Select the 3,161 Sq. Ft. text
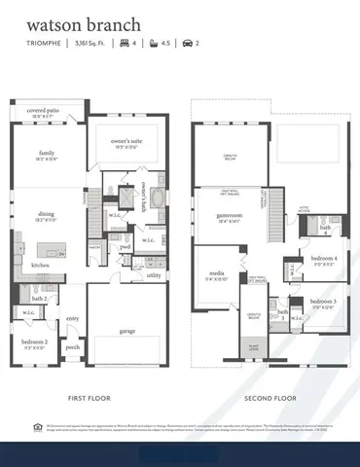[x=90, y=44]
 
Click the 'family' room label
[x=47, y=154]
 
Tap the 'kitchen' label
[x=40, y=265]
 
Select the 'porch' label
[x=72, y=346]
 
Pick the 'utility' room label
[x=154, y=275]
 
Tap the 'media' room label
[x=214, y=275]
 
